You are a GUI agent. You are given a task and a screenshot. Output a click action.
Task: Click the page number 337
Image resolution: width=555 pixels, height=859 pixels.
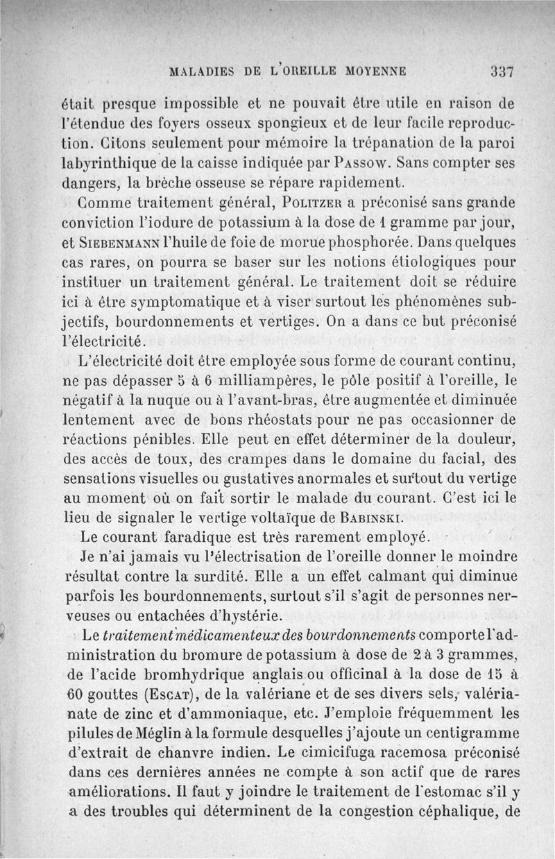click(x=501, y=71)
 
